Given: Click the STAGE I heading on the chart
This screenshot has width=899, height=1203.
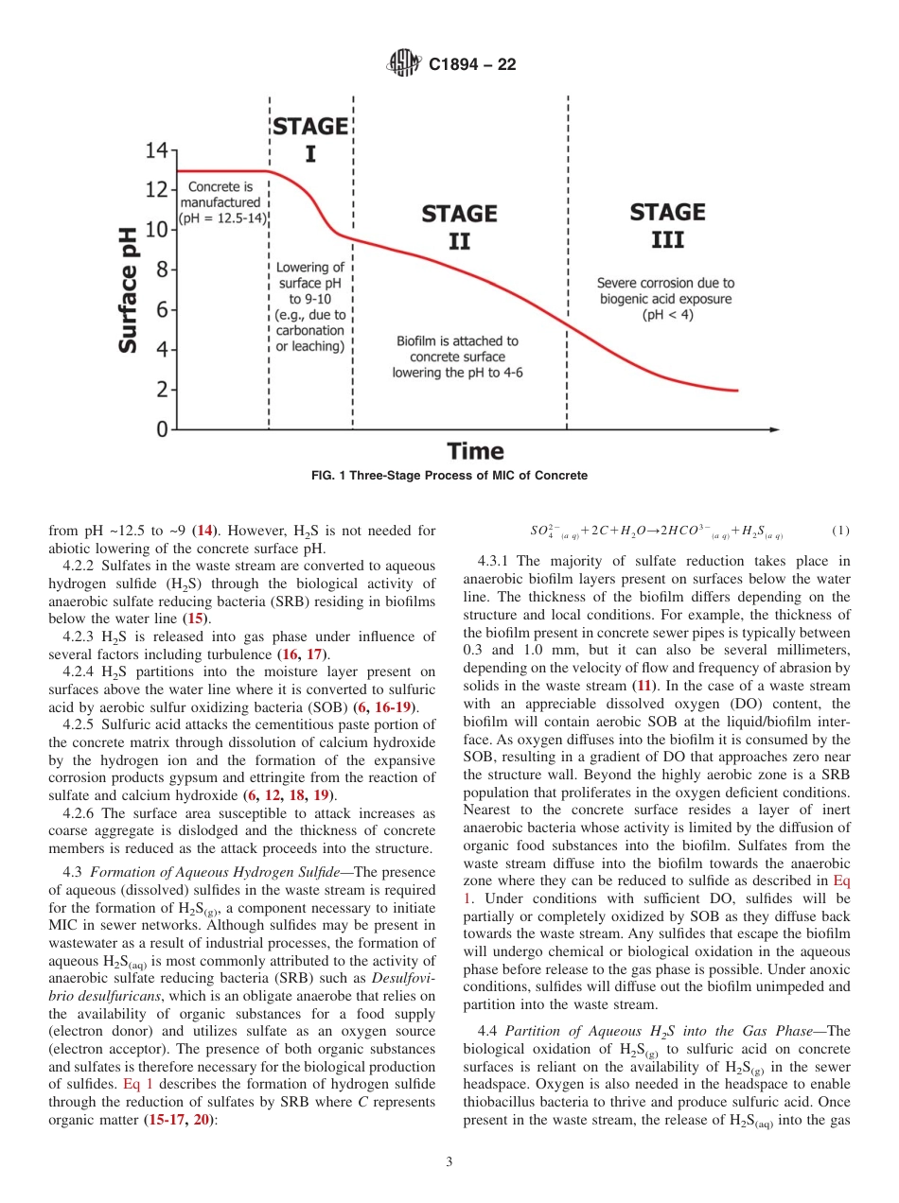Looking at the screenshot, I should pyautogui.click(x=310, y=138).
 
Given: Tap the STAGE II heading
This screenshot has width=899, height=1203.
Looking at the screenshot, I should pyautogui.click(x=459, y=227).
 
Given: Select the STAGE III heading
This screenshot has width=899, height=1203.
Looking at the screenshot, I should pyautogui.click(x=667, y=225).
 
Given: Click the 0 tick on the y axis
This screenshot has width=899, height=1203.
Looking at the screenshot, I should pyautogui.click(x=163, y=429).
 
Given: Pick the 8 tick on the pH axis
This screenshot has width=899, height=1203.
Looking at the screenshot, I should pyautogui.click(x=162, y=270).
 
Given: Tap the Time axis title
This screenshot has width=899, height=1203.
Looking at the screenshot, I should pyautogui.click(x=475, y=450).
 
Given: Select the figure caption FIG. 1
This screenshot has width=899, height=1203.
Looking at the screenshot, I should pyautogui.click(x=449, y=476).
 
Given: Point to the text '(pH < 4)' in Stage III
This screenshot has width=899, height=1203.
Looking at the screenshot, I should pyautogui.click(x=667, y=315).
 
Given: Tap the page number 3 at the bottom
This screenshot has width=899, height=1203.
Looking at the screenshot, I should pyautogui.click(x=449, y=1161).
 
